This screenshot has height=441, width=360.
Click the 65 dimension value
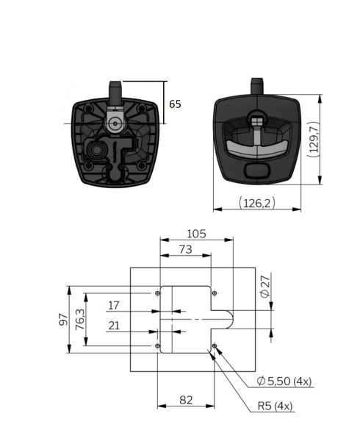click(175, 104)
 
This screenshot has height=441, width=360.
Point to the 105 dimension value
click(196, 234)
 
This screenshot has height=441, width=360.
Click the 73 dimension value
click(186, 249)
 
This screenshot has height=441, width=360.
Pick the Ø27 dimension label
click(264, 287)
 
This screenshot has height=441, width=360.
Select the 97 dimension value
click(63, 320)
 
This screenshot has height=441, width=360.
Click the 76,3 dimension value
click(80, 320)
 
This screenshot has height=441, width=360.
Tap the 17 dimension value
click(114, 306)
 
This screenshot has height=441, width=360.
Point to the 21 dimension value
click(114, 326)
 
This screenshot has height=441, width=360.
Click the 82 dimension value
click(186, 400)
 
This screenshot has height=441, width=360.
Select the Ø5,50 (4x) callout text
click(284, 381)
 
